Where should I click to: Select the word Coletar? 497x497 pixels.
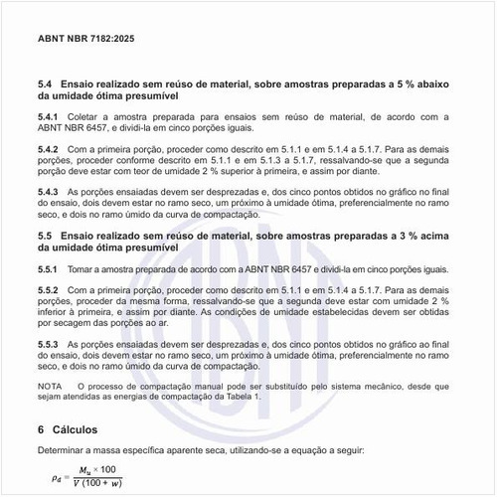point(87,116)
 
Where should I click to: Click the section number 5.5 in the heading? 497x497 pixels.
point(45,234)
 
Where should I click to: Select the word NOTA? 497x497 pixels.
point(50,385)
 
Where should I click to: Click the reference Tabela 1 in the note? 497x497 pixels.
point(243,396)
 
